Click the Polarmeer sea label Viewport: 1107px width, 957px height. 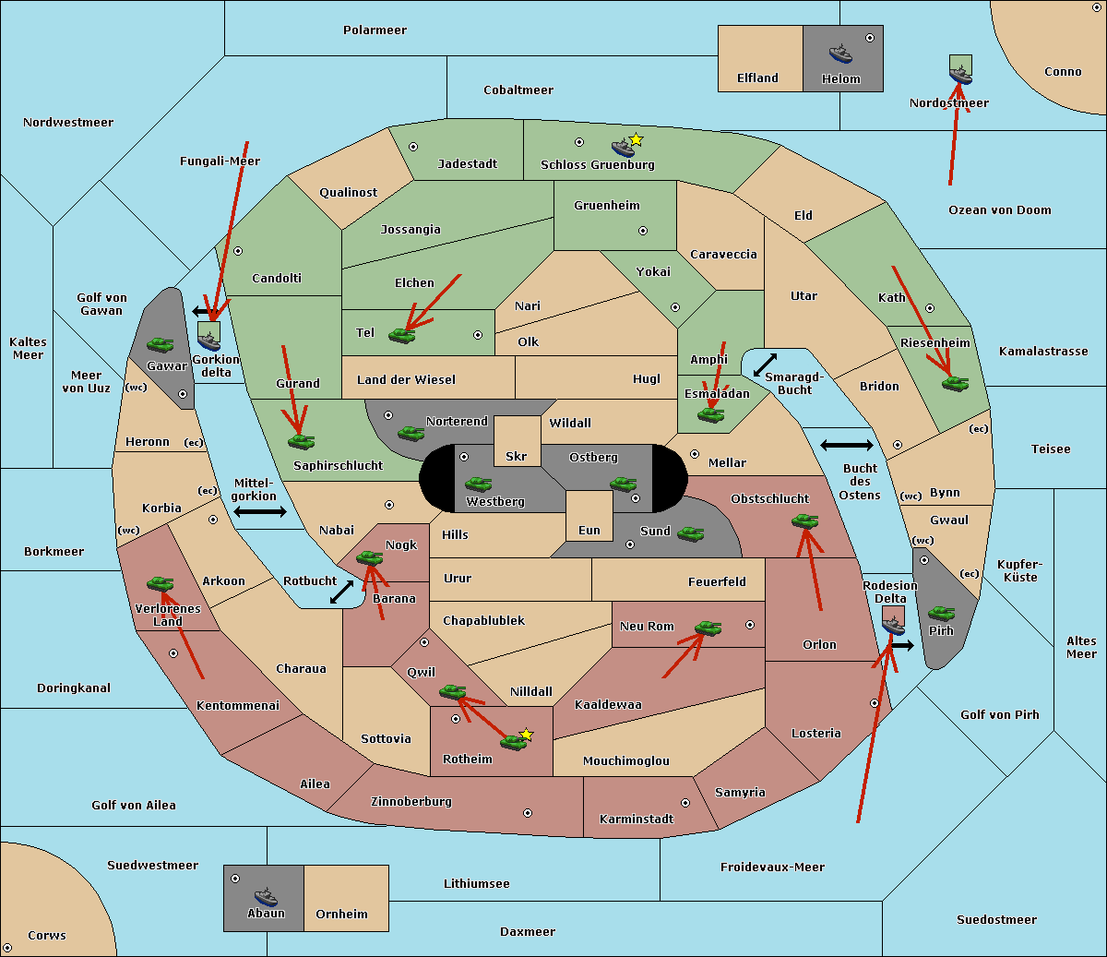tap(375, 30)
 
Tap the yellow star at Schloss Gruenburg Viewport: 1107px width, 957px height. tap(636, 139)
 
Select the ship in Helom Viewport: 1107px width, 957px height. tap(840, 53)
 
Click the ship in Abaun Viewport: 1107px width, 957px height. tap(266, 896)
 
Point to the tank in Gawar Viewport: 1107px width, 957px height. tap(161, 344)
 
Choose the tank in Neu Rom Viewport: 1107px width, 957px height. tap(708, 628)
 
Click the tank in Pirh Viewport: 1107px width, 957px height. tap(941, 613)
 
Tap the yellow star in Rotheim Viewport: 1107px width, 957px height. tap(527, 735)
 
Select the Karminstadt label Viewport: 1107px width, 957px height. tap(637, 819)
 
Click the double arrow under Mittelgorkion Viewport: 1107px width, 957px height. tap(260, 511)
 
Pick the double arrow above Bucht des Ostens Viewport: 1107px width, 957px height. tap(846, 446)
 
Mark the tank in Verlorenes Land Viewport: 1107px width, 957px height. tap(160, 583)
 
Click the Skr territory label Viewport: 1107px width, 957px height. tap(517, 457)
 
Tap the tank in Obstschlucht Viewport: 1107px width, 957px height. tap(804, 520)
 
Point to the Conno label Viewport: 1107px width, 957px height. tap(1063, 72)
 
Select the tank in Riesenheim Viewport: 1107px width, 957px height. tap(955, 383)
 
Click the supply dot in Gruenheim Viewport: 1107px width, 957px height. tap(643, 231)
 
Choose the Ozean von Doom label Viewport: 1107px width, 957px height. tap(1000, 210)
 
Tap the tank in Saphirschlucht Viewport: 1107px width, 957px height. tap(301, 441)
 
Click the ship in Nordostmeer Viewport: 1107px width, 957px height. tap(960, 72)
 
